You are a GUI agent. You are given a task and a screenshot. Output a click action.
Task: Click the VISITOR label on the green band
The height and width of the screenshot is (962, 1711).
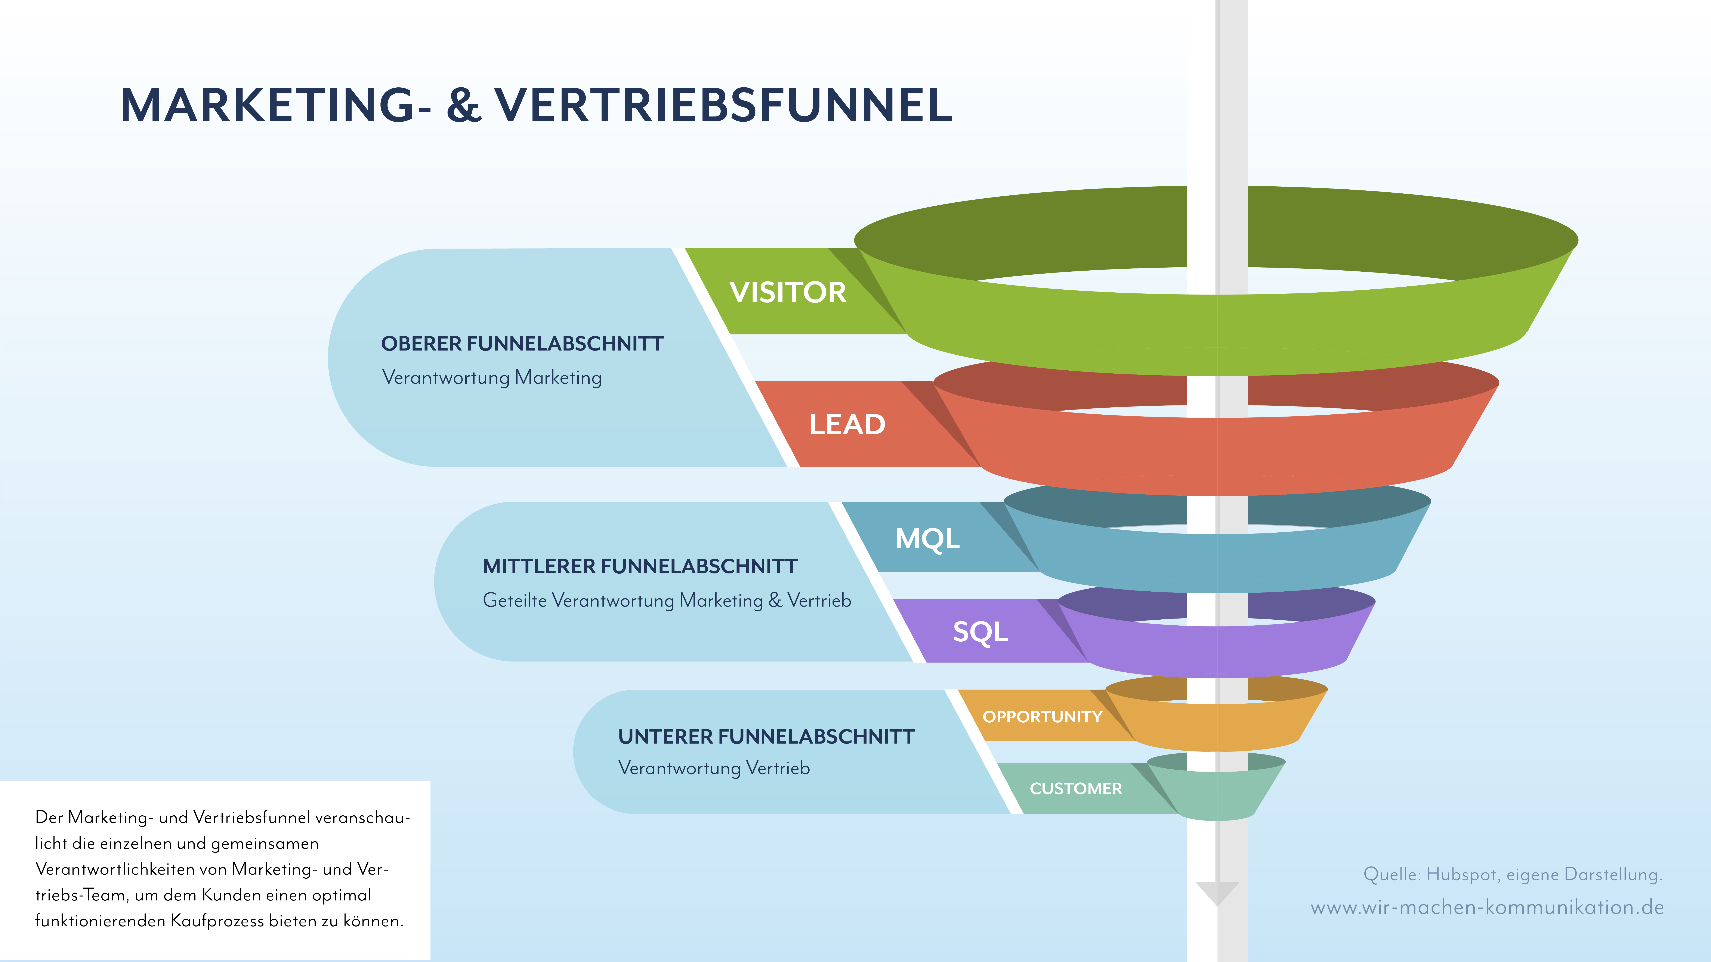tap(788, 292)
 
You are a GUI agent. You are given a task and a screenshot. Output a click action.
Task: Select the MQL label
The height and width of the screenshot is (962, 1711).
tap(927, 538)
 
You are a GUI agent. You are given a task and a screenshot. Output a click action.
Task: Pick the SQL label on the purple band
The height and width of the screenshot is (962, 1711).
tap(980, 631)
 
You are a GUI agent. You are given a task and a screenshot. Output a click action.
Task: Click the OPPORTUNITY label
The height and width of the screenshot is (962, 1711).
tap(1042, 717)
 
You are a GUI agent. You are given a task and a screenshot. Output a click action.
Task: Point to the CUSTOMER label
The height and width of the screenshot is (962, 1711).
tap(1075, 789)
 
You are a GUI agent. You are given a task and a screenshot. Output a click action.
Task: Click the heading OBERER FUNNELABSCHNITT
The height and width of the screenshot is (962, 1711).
tap(522, 344)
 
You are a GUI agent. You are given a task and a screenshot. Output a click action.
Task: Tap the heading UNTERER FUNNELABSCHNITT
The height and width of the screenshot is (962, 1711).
tap(766, 737)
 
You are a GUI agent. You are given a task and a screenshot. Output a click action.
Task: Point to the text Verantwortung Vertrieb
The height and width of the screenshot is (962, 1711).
tap(714, 768)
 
